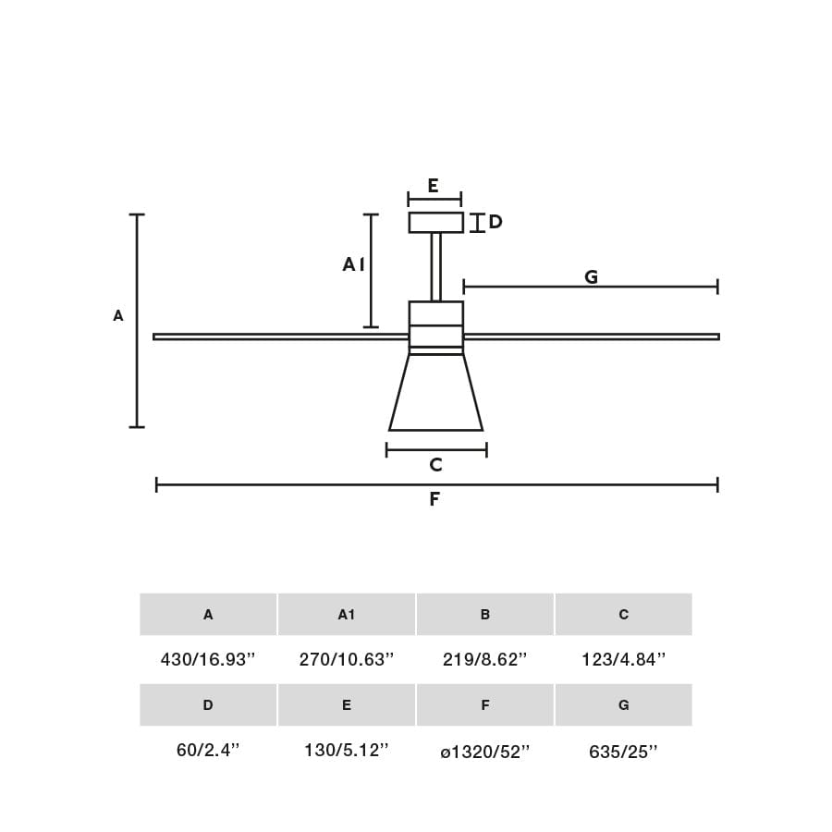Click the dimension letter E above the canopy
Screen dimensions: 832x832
coord(433,186)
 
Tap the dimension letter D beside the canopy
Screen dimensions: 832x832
coord(496,222)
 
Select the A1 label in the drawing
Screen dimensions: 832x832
coord(353,264)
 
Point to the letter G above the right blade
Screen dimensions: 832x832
coord(592,275)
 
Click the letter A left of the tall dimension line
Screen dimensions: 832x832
coord(118,315)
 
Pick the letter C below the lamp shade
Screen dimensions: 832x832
coord(435,465)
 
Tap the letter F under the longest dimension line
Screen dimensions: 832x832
coord(434,499)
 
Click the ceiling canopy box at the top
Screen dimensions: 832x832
coord(435,222)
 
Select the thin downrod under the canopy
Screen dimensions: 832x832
coord(435,266)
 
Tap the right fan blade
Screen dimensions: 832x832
coord(591,336)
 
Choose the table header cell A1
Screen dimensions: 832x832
coord(347,615)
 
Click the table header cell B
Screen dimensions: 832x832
coord(485,615)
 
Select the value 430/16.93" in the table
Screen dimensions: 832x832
coord(207,659)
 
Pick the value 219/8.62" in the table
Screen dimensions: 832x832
coord(484,659)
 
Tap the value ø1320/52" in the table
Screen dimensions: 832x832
coord(484,752)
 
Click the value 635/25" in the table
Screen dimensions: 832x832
coord(623,752)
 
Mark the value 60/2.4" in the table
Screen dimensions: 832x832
coord(207,750)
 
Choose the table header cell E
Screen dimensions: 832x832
coord(347,705)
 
